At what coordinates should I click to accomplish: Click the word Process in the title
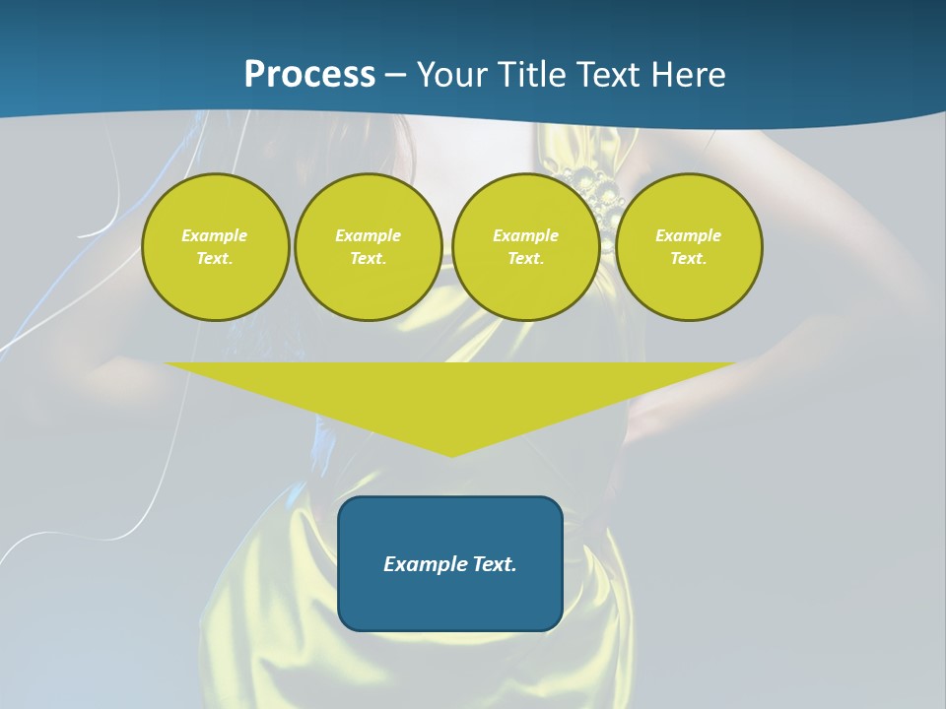point(309,75)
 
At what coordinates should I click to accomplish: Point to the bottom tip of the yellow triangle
point(451,454)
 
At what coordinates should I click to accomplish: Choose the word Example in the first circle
point(215,235)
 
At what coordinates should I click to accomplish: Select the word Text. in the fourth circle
point(689,258)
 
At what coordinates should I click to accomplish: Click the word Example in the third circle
point(526,235)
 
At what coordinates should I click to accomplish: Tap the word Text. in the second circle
point(369,258)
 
